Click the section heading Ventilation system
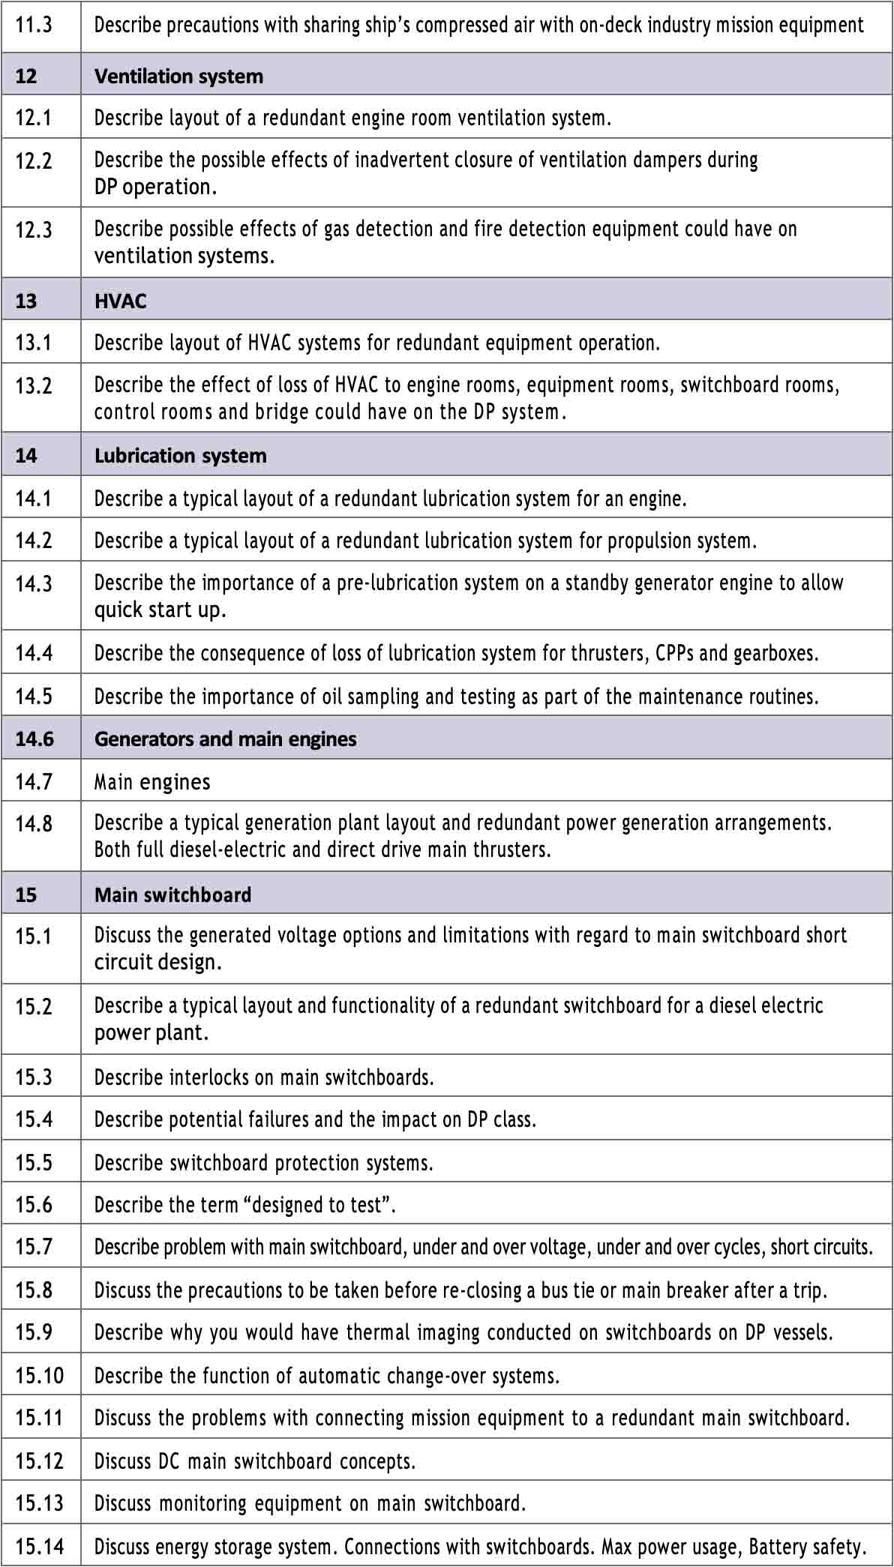[x=178, y=76]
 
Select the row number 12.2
[x=34, y=160]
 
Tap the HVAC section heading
[x=120, y=301]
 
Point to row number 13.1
[x=34, y=343]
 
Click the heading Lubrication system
[x=180, y=455]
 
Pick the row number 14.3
[x=34, y=583]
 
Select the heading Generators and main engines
[x=225, y=739]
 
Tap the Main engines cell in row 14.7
[x=152, y=782]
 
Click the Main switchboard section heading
[x=172, y=894]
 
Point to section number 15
[x=25, y=894]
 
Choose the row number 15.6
[x=34, y=1205]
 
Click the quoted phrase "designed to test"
[x=318, y=1205]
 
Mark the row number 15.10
[x=39, y=1376]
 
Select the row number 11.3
[x=34, y=25]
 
